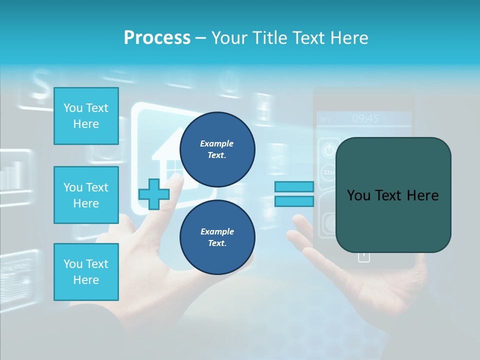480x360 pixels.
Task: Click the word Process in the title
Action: pos(157,38)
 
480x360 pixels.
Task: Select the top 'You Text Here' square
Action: pos(86,116)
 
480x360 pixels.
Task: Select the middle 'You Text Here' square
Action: pos(86,195)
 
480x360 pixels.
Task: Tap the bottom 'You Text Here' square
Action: pos(86,271)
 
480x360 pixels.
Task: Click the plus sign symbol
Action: pos(153,194)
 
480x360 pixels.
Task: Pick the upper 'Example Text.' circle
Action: pos(217,149)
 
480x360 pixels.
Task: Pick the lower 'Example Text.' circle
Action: pos(217,237)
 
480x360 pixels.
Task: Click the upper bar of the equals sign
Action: pos(294,187)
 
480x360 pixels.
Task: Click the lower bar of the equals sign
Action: pos(294,201)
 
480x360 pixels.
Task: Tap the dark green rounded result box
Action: pos(393,194)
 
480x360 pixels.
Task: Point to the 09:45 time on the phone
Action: pos(365,118)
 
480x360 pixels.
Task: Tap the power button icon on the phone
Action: pos(328,149)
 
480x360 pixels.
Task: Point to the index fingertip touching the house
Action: pos(175,176)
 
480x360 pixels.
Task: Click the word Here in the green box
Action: pos(422,195)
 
